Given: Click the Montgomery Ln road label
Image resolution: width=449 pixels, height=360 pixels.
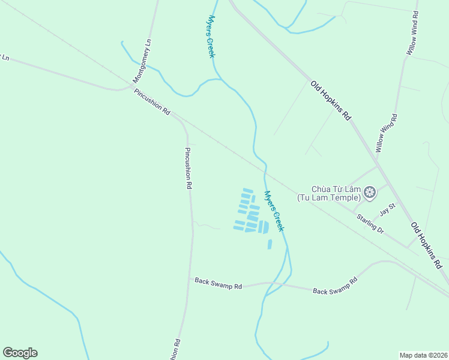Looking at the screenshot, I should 143,61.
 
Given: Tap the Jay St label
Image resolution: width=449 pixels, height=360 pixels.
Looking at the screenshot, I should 388,209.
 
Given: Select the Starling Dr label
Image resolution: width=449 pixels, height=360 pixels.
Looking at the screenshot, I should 369,223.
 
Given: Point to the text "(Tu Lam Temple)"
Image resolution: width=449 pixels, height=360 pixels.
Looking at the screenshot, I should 328,197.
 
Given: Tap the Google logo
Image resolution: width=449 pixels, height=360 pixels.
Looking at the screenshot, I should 20,353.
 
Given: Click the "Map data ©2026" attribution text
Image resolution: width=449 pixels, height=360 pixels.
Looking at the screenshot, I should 423,355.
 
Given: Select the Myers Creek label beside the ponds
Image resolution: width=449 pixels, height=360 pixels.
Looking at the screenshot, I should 273,211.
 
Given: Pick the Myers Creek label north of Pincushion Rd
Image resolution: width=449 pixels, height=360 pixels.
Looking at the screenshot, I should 211,37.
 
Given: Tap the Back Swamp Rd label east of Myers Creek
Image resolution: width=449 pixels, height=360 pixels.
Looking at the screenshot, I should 335,286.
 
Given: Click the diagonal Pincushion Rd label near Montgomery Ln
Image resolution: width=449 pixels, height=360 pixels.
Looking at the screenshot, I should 152,102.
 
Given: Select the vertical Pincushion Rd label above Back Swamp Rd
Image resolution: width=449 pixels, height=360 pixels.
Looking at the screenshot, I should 188,169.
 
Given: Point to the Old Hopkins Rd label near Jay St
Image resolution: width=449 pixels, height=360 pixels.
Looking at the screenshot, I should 427,245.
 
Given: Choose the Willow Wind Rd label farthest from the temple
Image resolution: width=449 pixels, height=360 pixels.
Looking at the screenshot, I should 412,34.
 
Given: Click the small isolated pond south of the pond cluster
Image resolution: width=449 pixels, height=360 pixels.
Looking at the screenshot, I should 270,244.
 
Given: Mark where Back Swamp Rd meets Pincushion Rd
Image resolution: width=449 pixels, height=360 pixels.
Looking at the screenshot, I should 191,278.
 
